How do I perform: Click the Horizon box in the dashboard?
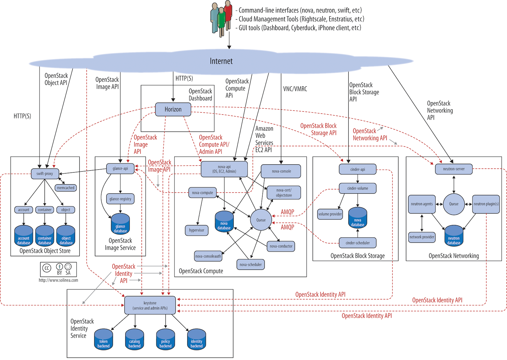(173, 109)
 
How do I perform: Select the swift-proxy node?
(45, 173)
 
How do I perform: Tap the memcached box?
(66, 188)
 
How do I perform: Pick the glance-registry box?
(120, 199)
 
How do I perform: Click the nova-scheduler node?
(251, 265)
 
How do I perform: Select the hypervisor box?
(197, 230)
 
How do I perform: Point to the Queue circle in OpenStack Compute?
(261, 220)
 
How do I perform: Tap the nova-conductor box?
(281, 246)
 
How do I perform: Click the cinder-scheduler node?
(358, 243)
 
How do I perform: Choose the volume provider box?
(330, 214)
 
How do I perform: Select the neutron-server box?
(454, 169)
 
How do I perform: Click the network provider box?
(422, 237)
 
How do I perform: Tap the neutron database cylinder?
(454, 236)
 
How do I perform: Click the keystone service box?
(150, 305)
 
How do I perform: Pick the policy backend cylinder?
(165, 340)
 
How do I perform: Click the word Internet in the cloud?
(221, 61)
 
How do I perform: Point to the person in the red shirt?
(228, 14)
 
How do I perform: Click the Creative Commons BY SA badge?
(58, 269)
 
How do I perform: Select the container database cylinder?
(45, 236)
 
